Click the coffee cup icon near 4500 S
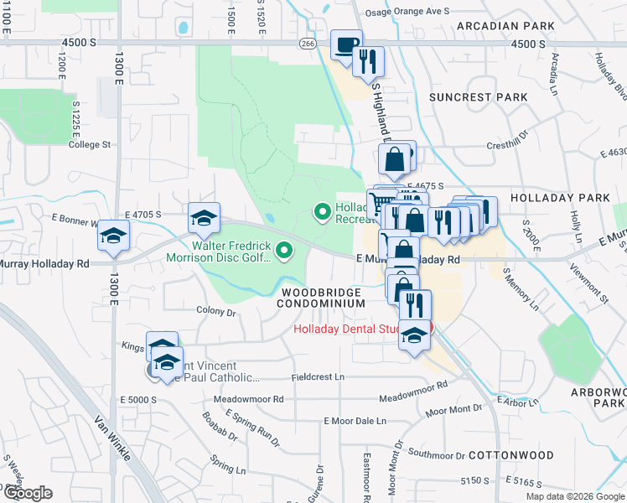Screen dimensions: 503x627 coord(345,45)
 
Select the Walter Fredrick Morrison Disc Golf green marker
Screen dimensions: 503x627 coord(285,250)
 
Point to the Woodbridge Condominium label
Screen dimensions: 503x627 coord(321,298)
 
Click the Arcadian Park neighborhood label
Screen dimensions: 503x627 coord(505,26)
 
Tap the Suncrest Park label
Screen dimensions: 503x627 coord(478,97)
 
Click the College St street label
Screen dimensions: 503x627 coord(90,144)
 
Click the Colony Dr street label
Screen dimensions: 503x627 coord(216,311)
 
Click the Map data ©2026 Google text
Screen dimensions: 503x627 coord(574,496)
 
